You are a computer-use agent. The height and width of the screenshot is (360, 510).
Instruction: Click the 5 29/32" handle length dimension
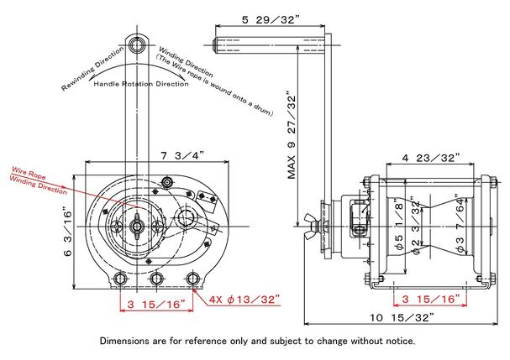click(x=271, y=20)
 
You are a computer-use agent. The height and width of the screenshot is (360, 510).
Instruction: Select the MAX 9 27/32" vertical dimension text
click(x=292, y=137)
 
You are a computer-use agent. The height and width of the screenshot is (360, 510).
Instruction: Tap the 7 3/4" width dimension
click(x=183, y=155)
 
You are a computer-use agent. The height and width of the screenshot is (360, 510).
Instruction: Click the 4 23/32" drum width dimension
click(x=431, y=158)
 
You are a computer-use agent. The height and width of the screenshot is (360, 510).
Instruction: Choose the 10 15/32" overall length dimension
click(x=402, y=317)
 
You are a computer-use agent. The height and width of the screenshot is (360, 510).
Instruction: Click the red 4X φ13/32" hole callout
click(x=244, y=299)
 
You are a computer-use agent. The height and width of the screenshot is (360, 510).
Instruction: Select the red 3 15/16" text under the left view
click(x=156, y=305)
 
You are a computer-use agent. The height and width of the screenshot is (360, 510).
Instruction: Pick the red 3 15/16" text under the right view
click(x=431, y=299)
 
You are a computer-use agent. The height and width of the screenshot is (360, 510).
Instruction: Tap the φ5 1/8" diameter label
click(x=399, y=225)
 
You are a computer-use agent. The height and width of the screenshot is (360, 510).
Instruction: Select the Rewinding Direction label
click(x=93, y=68)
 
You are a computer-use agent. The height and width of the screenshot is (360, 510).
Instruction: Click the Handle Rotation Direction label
click(x=141, y=84)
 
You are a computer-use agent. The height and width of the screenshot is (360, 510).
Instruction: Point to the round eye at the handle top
click(x=137, y=44)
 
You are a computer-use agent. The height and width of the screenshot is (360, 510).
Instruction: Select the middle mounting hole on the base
click(x=156, y=279)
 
